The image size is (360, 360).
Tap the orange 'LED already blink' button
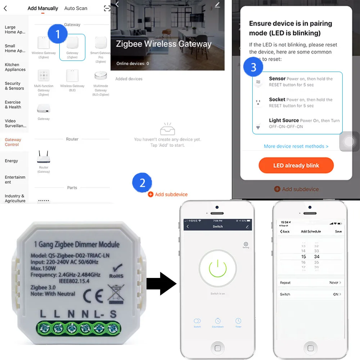(296, 166)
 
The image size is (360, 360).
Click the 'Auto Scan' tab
(76, 8)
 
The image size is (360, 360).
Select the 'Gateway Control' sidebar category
(13, 142)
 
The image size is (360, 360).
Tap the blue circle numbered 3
(253, 67)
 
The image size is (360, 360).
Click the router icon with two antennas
(43, 157)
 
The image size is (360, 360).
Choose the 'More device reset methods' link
(296, 147)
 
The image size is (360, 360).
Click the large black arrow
(161, 284)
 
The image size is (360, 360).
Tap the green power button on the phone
(217, 269)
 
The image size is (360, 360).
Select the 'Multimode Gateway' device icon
(100, 76)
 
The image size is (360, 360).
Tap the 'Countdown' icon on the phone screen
(218, 321)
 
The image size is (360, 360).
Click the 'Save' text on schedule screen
(338, 231)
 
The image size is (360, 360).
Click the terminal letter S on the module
(113, 314)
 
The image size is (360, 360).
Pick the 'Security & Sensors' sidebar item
(14, 86)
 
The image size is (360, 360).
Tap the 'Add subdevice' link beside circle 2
(171, 194)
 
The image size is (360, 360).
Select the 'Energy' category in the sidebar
(12, 161)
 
